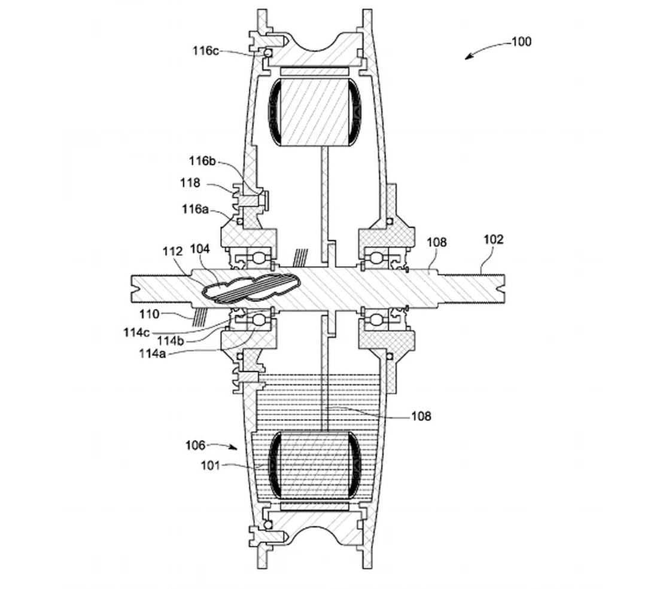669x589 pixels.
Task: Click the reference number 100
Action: (x=521, y=42)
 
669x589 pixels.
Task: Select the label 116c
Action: (x=205, y=51)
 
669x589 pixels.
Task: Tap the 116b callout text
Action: (x=202, y=161)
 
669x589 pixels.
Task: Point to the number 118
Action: (x=190, y=183)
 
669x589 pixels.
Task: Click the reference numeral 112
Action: (x=172, y=252)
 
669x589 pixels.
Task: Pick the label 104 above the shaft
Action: (x=200, y=249)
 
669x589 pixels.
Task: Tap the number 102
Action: (x=494, y=240)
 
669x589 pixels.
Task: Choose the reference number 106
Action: (x=196, y=445)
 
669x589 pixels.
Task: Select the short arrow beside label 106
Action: (x=227, y=446)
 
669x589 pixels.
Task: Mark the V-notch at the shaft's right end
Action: (x=500, y=291)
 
